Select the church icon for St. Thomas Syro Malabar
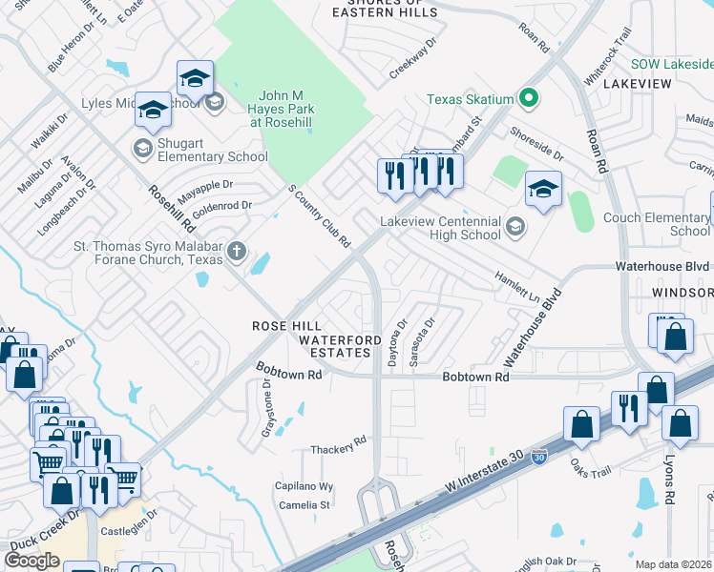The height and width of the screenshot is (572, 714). (x=236, y=253)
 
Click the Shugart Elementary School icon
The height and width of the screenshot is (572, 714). (x=142, y=147)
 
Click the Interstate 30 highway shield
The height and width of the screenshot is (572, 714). (x=540, y=459)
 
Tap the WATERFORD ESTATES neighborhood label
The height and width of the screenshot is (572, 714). (x=334, y=346)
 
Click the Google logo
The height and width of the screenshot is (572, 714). (x=31, y=561)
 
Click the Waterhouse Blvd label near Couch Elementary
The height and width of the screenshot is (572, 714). (x=662, y=266)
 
